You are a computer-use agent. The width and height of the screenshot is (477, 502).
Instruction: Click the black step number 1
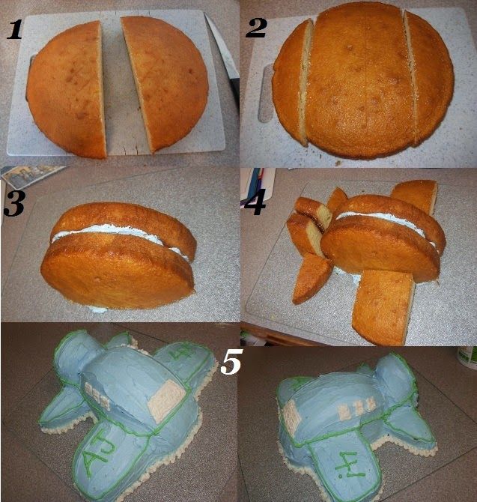[13, 30]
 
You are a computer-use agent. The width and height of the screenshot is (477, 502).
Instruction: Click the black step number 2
[256, 28]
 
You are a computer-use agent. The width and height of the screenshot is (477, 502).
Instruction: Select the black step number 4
[255, 204]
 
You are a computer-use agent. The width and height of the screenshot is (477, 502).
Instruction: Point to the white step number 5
[231, 362]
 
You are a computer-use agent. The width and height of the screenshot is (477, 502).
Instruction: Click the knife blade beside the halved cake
[222, 48]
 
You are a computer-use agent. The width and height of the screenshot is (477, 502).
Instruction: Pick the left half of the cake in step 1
[67, 89]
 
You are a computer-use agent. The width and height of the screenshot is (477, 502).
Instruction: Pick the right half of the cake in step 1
[165, 82]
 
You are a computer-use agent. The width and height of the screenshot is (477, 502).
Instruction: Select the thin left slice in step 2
[292, 83]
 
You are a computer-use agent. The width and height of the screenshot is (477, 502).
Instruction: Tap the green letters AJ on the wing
[97, 451]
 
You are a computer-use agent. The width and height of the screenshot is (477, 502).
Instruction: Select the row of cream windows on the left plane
[97, 396]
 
